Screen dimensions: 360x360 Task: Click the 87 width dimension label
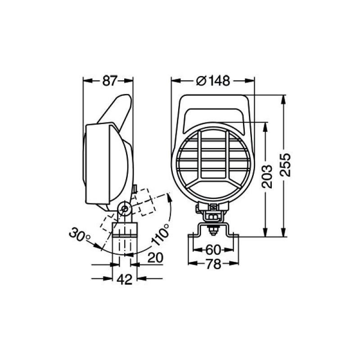[109, 81]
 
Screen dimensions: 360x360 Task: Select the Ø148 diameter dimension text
[214, 81]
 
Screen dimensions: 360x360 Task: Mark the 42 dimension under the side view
[124, 279]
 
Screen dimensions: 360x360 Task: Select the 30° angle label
[80, 234]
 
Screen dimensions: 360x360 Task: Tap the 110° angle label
[161, 234]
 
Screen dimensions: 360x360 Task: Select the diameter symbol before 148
[202, 81]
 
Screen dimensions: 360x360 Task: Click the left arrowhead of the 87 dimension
[87, 81]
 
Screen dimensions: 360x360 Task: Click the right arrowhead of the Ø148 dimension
[252, 81]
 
